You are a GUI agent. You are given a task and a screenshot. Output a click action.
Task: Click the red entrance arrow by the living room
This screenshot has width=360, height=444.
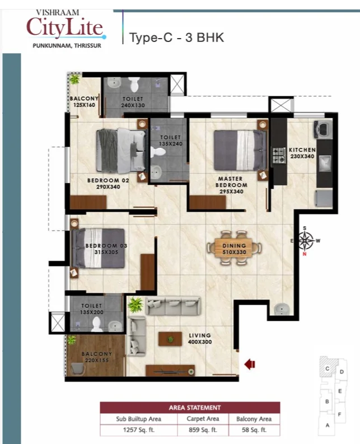point(250,364)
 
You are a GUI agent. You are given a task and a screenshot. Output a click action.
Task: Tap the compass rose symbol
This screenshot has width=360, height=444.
point(305,241)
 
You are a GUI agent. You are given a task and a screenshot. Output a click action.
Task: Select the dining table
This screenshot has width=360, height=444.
point(234,249)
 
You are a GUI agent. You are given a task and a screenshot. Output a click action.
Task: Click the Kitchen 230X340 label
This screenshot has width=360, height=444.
point(302,153)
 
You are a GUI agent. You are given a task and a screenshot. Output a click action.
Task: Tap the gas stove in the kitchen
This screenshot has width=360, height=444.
point(279,156)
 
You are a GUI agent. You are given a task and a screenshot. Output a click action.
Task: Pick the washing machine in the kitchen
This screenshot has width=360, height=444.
point(323,129)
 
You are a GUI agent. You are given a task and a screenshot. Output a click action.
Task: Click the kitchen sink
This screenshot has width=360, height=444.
point(325,163)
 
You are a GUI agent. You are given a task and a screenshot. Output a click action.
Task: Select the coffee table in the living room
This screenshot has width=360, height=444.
point(170,339)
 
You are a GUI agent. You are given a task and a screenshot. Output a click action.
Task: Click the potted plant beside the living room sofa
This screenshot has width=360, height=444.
point(135,305)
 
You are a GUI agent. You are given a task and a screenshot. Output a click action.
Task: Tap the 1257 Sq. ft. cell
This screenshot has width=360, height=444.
point(139,430)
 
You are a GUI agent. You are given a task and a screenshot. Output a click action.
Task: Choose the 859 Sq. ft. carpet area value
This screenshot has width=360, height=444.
point(203,430)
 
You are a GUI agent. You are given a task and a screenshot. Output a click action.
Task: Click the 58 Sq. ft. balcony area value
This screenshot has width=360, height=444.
point(254,430)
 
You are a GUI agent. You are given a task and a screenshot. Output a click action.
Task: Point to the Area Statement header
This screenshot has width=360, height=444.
point(195,408)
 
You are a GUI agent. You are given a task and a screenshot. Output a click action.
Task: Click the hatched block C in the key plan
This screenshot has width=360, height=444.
point(328,367)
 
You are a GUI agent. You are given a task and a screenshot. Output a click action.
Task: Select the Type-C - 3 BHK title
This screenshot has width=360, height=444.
point(176,38)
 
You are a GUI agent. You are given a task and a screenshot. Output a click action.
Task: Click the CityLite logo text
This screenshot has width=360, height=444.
point(64,27)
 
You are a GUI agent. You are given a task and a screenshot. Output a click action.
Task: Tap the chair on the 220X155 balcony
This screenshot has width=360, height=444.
point(78,369)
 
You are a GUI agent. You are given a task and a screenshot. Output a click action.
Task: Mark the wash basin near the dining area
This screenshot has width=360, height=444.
point(281,309)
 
